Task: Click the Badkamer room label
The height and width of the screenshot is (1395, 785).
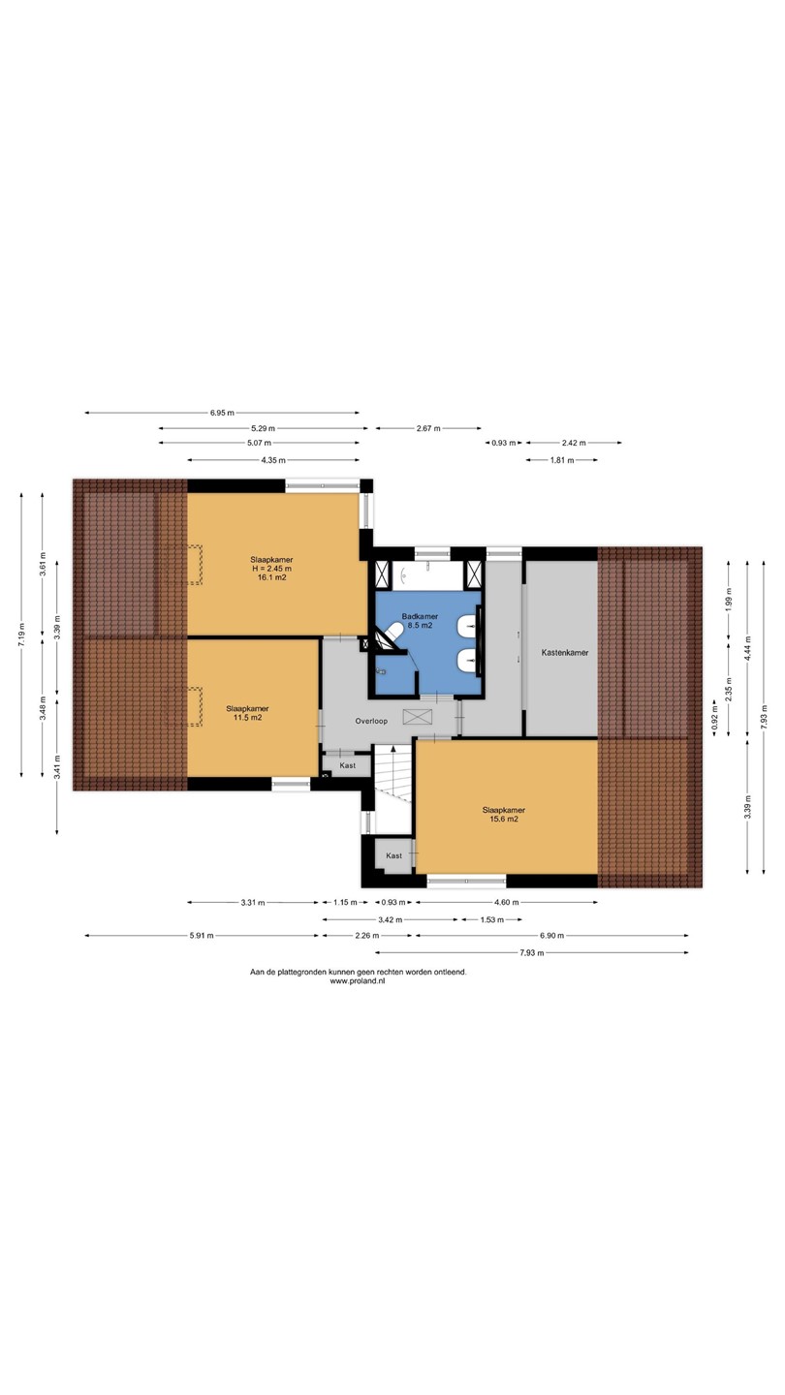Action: pyautogui.click(x=420, y=616)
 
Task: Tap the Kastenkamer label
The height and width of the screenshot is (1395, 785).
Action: pyautogui.click(x=565, y=653)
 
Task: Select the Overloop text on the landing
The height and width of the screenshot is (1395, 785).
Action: pyautogui.click(x=371, y=721)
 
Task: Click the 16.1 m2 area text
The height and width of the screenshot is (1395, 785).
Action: pyautogui.click(x=271, y=577)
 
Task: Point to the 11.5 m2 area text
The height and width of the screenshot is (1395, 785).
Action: pyautogui.click(x=247, y=718)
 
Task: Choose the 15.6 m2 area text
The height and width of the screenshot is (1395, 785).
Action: pyautogui.click(x=503, y=819)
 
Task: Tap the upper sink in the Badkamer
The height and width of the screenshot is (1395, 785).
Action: pyautogui.click(x=468, y=627)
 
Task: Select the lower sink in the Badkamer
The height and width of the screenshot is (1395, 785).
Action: pyautogui.click(x=468, y=661)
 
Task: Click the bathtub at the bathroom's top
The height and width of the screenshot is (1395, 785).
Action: pyautogui.click(x=428, y=574)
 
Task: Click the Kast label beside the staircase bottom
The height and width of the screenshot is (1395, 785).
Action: pyautogui.click(x=393, y=855)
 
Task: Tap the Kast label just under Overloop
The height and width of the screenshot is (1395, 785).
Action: pyautogui.click(x=348, y=765)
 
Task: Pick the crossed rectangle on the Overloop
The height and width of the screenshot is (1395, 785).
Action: pyautogui.click(x=418, y=717)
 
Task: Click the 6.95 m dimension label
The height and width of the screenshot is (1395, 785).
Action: pyautogui.click(x=223, y=413)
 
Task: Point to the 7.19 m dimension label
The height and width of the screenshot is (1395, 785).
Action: pyautogui.click(x=21, y=635)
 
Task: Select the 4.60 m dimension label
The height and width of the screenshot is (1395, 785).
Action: pyautogui.click(x=507, y=902)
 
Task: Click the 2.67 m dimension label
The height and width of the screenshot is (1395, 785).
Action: pyautogui.click(x=428, y=428)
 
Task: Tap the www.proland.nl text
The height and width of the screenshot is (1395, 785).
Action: pyautogui.click(x=358, y=980)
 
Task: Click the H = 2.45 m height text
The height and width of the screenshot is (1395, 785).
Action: pyautogui.click(x=271, y=569)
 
